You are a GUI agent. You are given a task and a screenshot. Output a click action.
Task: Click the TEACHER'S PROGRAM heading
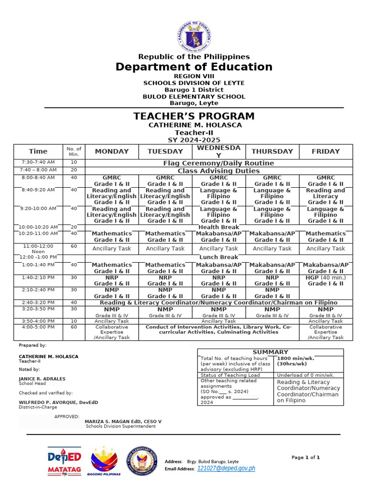194,116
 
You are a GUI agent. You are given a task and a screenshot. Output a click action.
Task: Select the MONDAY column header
112,151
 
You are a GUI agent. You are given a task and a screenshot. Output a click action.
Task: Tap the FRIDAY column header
325,151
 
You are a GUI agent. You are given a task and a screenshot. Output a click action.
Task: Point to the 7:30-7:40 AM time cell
38,163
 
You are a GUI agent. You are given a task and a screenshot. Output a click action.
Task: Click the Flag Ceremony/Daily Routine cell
218,163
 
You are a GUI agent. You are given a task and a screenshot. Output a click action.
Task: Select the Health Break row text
218,227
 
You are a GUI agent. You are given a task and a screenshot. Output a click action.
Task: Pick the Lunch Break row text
218,257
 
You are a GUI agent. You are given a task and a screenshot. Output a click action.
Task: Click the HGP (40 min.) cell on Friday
325,280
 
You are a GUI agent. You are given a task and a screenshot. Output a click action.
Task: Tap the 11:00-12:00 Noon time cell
38,248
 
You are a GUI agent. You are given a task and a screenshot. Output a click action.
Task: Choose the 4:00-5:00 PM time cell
38,327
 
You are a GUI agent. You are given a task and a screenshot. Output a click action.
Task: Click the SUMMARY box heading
270,352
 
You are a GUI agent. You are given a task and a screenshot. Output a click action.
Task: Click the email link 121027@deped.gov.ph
226,468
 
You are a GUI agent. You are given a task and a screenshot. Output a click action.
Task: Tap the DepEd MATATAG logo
64,461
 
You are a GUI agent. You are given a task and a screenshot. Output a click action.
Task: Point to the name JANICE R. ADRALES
42,379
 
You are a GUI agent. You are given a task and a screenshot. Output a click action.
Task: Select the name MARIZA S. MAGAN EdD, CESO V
123,422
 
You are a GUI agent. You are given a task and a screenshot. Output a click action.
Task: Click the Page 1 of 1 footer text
306,457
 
